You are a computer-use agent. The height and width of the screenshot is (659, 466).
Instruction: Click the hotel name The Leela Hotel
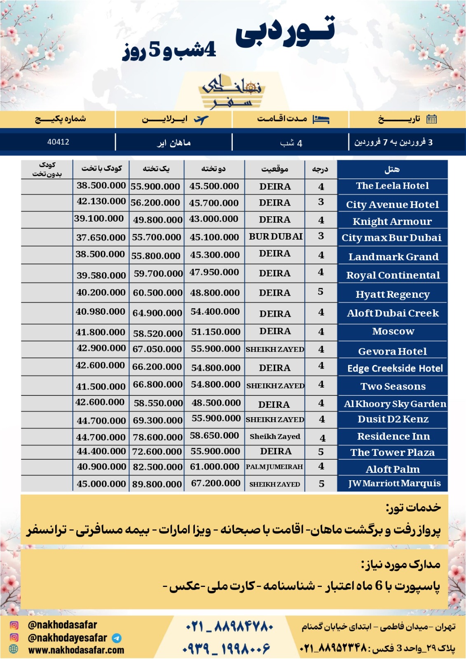[x=392, y=186]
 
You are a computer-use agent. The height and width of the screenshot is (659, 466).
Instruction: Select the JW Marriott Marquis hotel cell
[x=394, y=483]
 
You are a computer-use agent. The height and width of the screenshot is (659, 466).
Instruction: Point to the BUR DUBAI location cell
[x=276, y=236]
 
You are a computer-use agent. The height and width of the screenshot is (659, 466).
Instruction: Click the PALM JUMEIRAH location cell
[x=274, y=467]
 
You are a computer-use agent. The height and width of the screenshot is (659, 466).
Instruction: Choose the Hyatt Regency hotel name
[x=393, y=294]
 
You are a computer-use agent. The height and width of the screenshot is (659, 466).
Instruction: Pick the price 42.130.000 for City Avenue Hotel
[x=101, y=201]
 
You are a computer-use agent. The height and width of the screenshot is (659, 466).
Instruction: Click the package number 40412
[x=58, y=142]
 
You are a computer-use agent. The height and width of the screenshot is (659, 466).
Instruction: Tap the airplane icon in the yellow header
[x=201, y=120]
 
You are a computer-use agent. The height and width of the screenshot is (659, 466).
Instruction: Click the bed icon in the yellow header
[x=321, y=119]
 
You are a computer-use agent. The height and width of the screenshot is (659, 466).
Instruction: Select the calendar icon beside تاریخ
[x=431, y=119]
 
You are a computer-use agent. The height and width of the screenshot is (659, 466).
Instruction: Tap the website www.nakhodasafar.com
[x=76, y=650]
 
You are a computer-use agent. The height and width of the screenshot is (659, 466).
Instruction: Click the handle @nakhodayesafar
[x=67, y=638]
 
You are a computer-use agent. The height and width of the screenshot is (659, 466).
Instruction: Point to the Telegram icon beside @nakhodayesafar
[x=117, y=638]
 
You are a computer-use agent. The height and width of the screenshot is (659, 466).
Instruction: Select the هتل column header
[x=392, y=169]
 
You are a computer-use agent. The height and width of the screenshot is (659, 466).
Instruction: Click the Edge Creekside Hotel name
[x=395, y=368]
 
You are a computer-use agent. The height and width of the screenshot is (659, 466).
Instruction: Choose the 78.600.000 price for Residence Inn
[x=157, y=437]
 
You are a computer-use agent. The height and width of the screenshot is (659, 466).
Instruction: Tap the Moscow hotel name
[x=393, y=331]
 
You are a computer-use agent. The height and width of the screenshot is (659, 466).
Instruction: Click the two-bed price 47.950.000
[x=214, y=272]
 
